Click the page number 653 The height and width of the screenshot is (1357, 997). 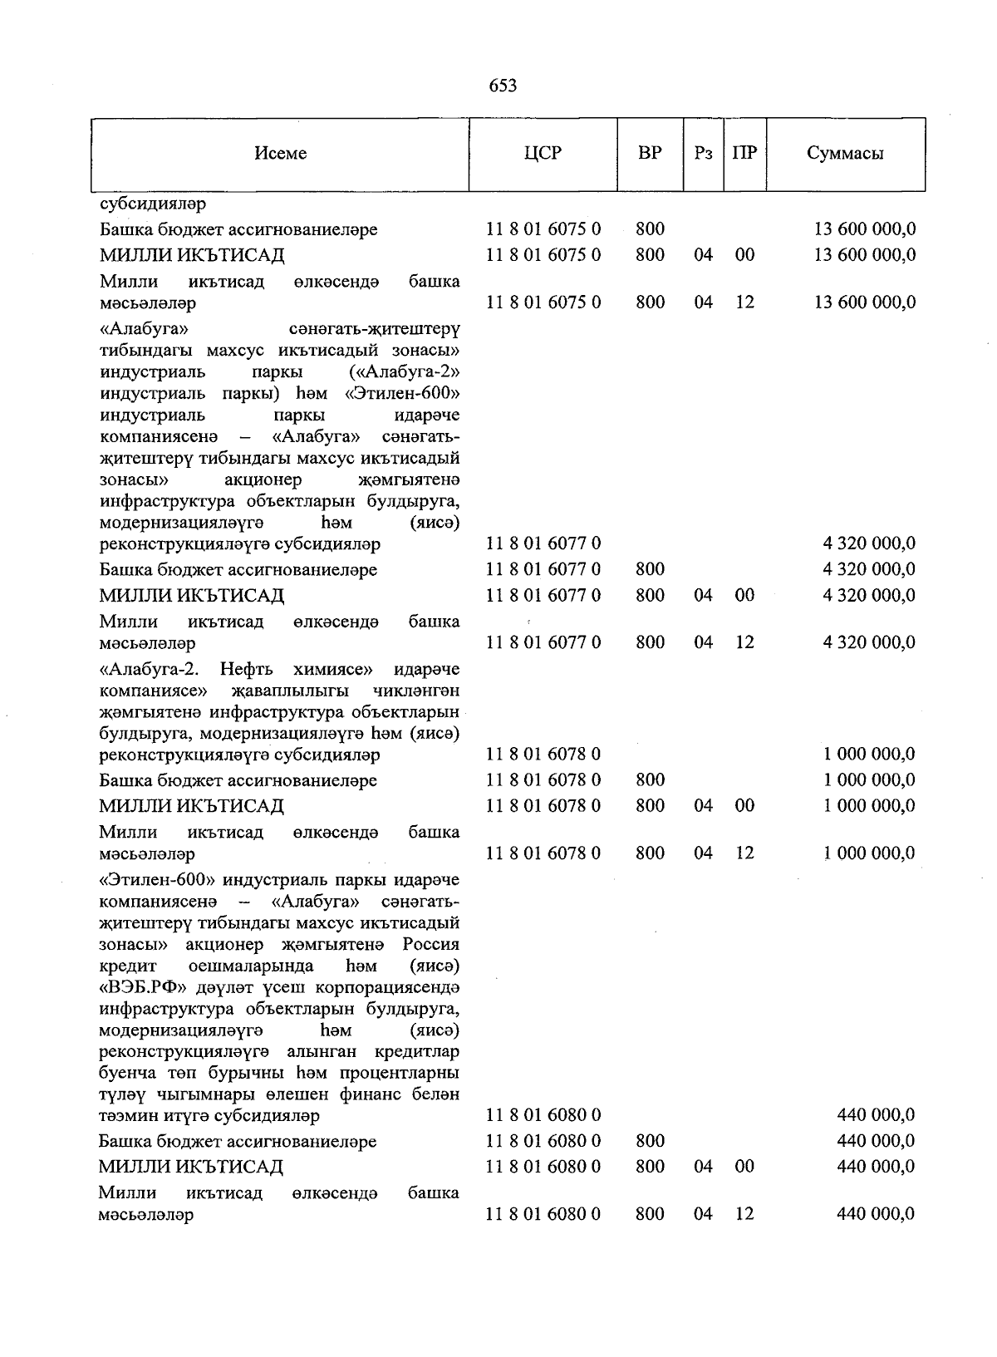[503, 86]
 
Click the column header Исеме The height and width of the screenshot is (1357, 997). [281, 154]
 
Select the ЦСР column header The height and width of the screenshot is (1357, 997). [543, 154]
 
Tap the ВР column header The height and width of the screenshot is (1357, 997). [650, 154]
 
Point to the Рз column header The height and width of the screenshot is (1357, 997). [704, 154]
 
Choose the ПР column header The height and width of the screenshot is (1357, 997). [744, 154]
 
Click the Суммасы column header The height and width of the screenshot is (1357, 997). [845, 154]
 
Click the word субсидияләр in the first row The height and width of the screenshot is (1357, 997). [153, 203]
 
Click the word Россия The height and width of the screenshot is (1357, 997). [430, 945]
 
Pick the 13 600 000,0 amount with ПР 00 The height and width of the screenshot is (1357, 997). [865, 255]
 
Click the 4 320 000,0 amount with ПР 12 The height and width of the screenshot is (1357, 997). [869, 643]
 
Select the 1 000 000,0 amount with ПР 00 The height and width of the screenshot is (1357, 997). [869, 806]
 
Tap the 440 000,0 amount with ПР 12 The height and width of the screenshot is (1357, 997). [876, 1214]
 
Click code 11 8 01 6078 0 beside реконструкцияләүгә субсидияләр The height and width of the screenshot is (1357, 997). [543, 755]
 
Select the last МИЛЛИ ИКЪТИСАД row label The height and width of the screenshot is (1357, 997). [191, 1168]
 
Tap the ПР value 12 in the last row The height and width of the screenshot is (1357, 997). [744, 1214]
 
